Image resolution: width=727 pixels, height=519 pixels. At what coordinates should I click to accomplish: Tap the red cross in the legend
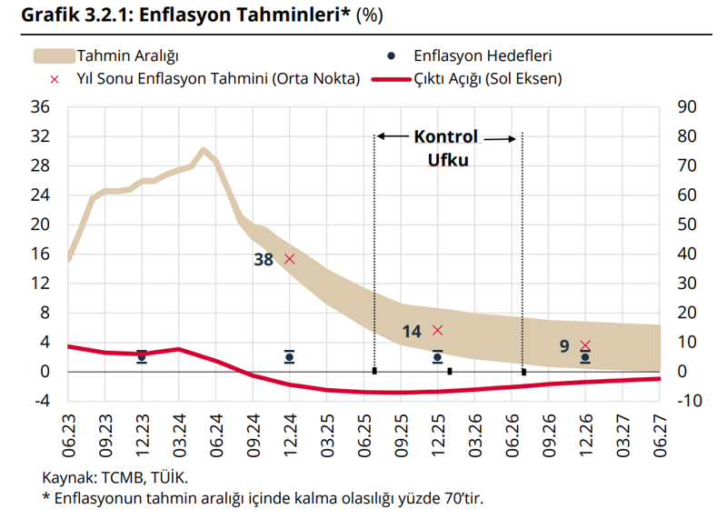pos(54,79)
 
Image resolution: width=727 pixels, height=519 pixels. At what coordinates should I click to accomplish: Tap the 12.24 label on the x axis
pos(290,434)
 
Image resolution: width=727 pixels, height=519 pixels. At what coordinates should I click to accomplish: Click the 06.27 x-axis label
pos(661,434)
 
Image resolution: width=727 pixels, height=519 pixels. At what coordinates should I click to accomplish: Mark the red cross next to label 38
pos(290,259)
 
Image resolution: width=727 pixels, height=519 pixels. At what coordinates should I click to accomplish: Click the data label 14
pos(412,332)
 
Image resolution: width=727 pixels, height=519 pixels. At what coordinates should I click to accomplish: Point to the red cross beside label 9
pos(585,345)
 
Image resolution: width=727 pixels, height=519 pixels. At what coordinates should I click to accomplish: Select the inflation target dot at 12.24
pos(290,357)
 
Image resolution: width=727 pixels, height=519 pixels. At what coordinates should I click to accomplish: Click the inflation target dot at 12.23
pos(142,357)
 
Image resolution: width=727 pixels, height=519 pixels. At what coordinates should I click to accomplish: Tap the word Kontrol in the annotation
pos(446,137)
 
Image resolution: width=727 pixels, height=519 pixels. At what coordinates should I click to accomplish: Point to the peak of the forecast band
pos(204,150)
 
